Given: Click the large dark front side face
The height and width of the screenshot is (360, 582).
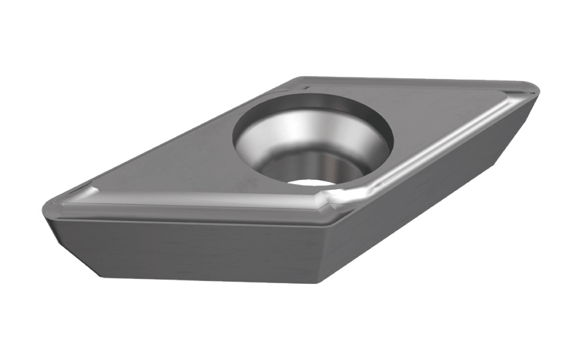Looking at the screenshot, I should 201,249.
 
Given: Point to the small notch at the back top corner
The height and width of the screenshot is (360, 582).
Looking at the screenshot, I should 305,87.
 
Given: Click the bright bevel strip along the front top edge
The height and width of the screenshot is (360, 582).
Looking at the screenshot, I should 208,208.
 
